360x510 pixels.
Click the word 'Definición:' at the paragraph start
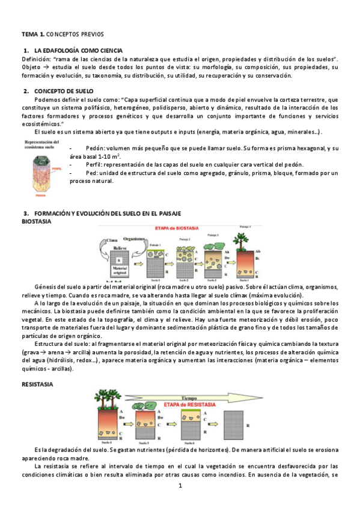(x=36, y=59)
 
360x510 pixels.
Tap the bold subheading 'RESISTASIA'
(x=37, y=383)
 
